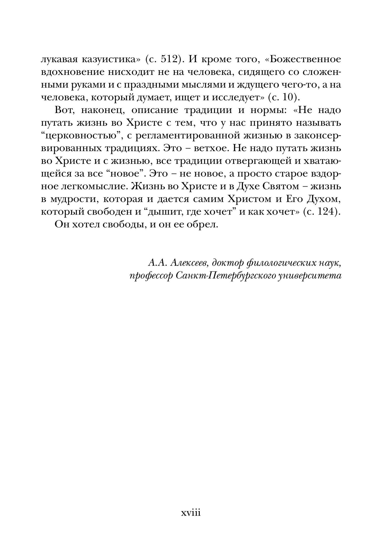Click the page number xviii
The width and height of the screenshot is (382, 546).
point(190,513)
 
